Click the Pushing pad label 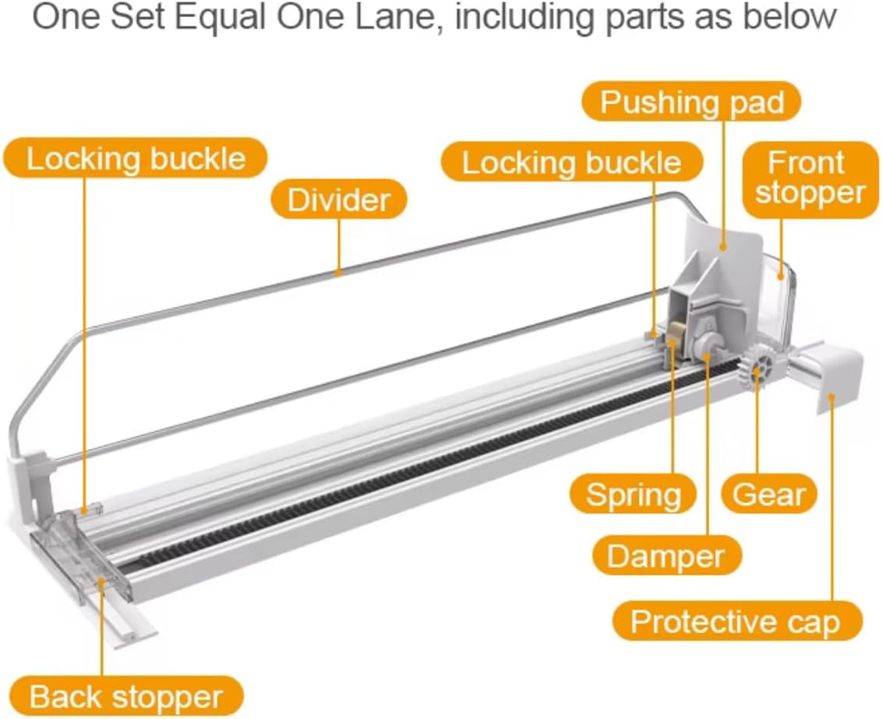click(691, 102)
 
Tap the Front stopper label click(810, 178)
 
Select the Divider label click(338, 199)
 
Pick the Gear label click(768, 494)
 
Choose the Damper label click(665, 556)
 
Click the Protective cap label click(736, 622)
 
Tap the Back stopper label click(125, 696)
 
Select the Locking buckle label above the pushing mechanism click(571, 163)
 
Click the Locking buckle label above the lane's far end click(136, 158)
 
